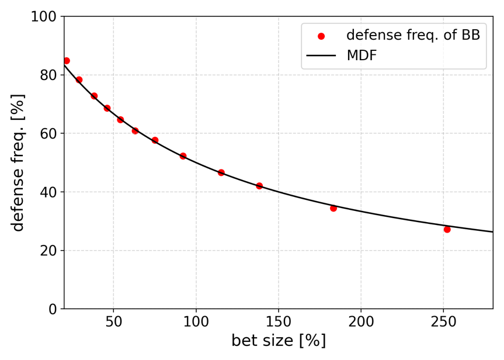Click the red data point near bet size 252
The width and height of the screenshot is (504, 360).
(447, 230)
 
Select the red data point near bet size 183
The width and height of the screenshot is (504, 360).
(333, 208)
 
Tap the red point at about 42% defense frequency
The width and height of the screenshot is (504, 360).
(259, 186)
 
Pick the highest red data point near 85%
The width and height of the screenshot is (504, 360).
(67, 61)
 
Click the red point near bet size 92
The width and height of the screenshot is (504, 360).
(183, 156)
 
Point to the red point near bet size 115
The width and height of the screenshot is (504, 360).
(221, 173)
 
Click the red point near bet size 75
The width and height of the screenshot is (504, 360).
(155, 140)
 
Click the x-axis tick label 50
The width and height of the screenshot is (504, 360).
(113, 322)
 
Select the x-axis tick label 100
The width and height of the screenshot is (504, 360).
(196, 322)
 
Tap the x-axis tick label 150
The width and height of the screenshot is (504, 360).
(278, 322)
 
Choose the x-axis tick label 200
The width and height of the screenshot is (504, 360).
(361, 322)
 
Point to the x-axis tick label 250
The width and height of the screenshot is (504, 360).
(443, 322)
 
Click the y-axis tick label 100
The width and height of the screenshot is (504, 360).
(44, 17)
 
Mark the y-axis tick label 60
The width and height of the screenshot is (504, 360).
(48, 134)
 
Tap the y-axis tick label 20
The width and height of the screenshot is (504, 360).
(48, 251)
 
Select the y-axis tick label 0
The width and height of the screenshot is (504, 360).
(52, 309)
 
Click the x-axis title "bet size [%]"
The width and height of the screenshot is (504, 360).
(279, 341)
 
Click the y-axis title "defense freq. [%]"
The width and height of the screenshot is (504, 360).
(18, 162)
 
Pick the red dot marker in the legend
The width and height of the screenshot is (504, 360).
(321, 36)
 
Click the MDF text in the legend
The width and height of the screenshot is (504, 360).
(362, 56)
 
